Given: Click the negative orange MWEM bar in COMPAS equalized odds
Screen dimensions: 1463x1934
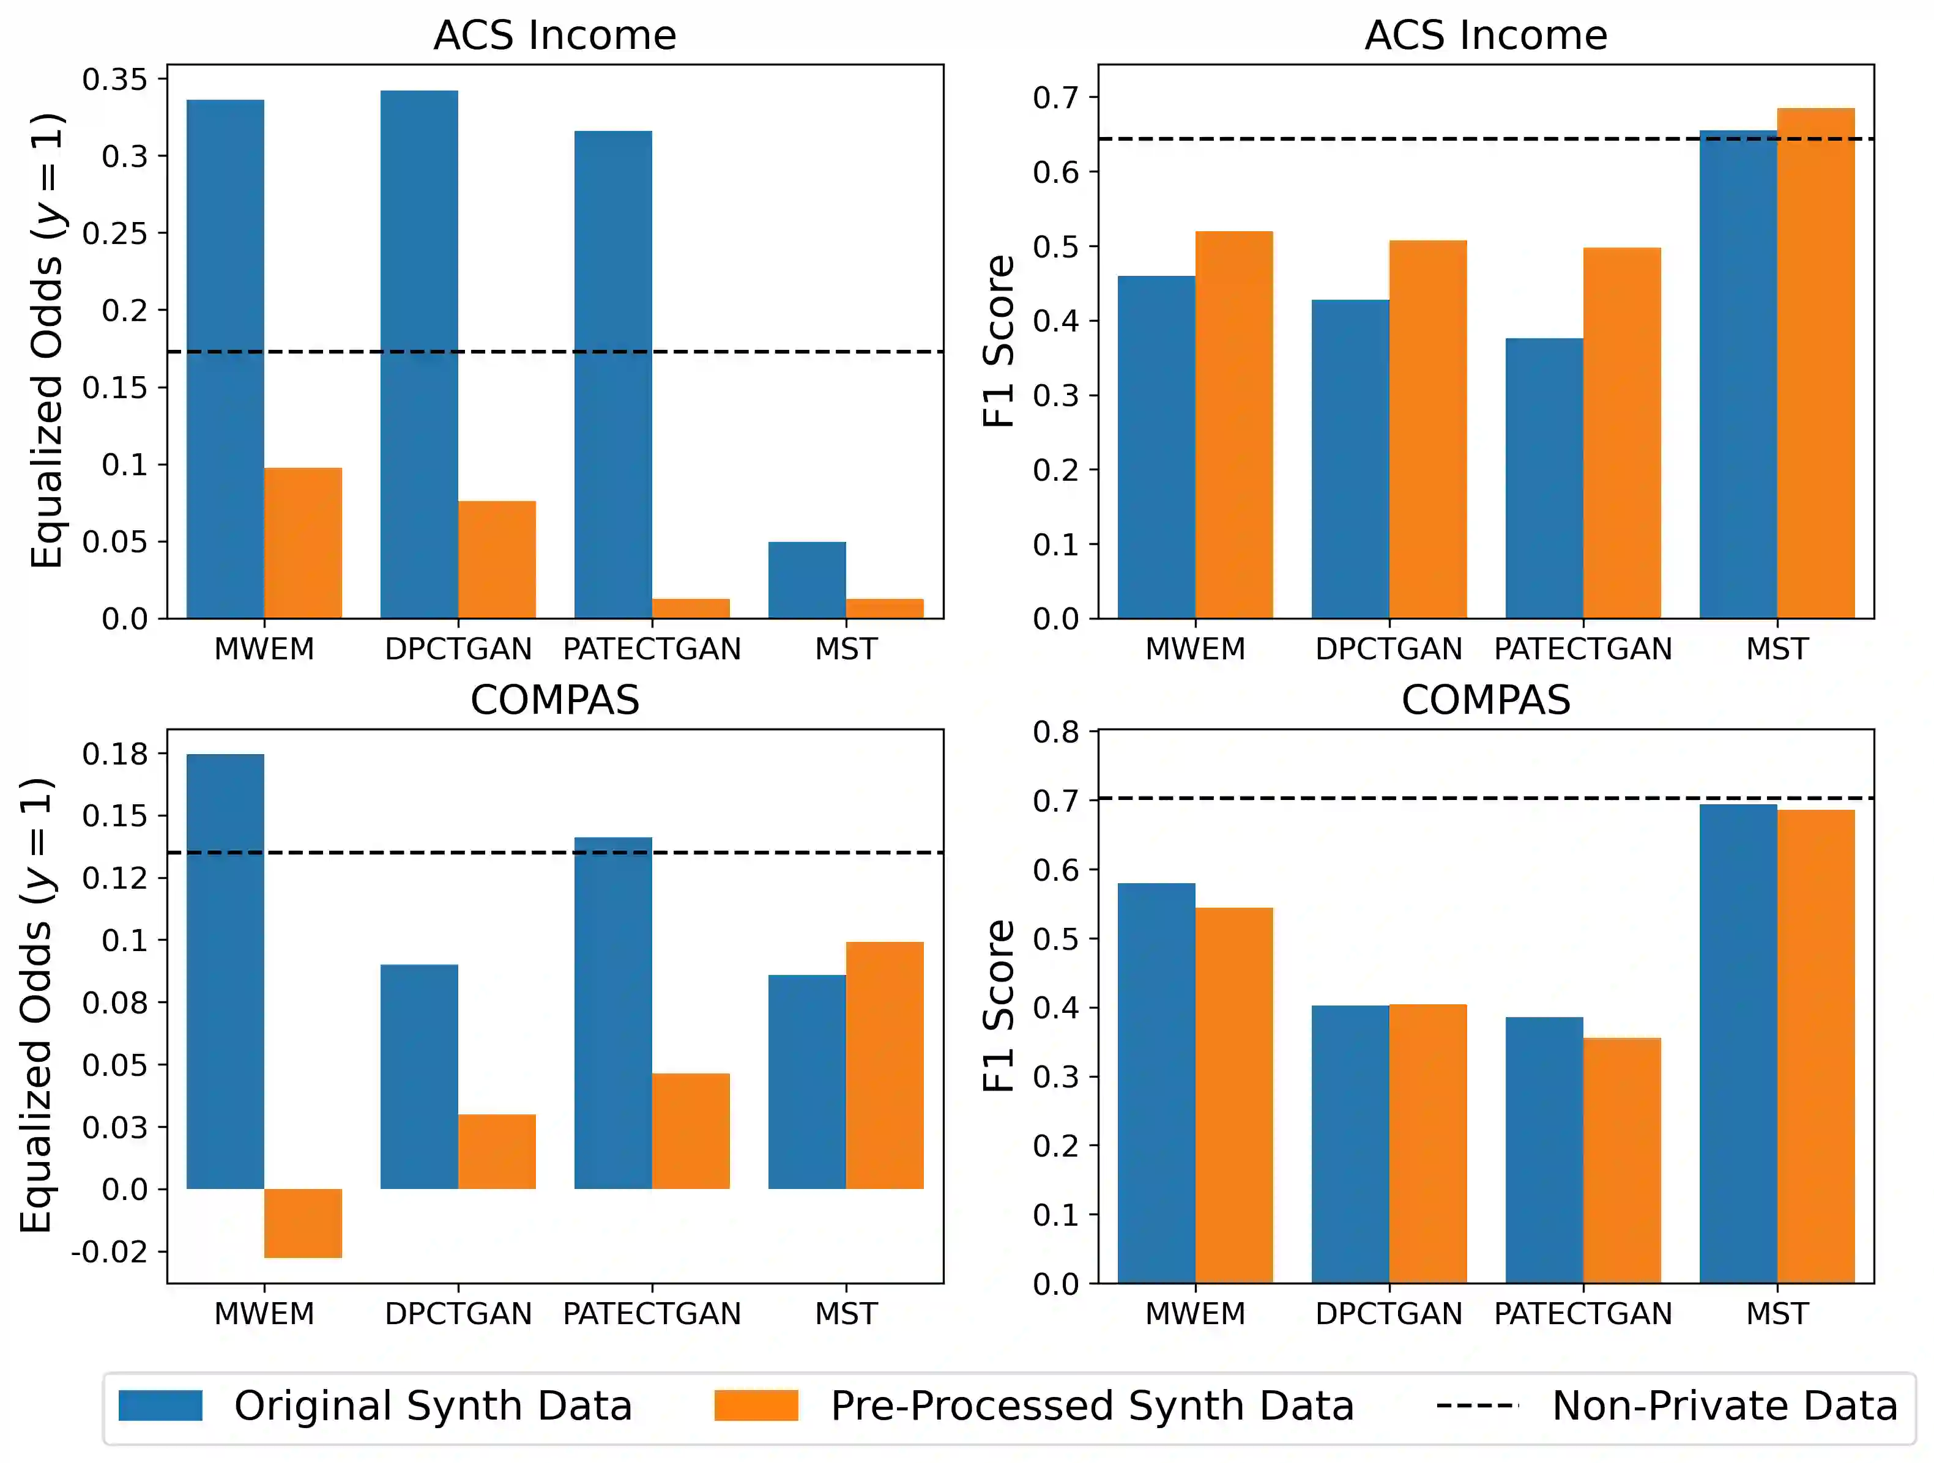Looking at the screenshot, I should pos(302,1223).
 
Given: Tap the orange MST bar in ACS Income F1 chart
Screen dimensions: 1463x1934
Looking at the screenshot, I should pos(1815,363).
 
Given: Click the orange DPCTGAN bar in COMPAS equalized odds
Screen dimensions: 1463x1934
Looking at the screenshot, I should pos(497,1151).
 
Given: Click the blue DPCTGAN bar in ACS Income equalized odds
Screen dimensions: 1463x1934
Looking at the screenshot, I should pos(419,354).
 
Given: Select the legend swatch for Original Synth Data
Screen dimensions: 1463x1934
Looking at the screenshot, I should pos(160,1406).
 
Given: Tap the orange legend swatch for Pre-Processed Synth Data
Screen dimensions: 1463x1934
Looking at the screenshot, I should pos(756,1406).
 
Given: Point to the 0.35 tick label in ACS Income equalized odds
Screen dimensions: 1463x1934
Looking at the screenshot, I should pos(114,80).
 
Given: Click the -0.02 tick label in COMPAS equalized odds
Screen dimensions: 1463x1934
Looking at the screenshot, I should pos(110,1251).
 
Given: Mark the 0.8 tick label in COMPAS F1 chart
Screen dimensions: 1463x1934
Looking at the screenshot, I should pos(1055,731).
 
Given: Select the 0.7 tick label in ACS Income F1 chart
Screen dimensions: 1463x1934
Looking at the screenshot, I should pos(1055,97).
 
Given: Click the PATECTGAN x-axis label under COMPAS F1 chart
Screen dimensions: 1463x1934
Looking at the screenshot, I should pos(1583,1314).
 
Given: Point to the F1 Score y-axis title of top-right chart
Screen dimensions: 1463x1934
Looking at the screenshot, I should pos(999,341).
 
